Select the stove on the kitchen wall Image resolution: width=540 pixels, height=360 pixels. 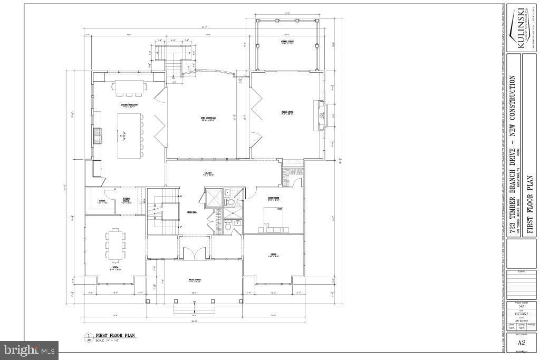click(x=97, y=136)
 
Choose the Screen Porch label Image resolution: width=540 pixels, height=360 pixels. click(x=287, y=42)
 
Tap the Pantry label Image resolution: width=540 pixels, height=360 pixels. click(x=102, y=202)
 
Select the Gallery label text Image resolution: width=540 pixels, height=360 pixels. click(x=208, y=174)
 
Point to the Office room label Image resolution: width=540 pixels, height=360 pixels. click(x=273, y=255)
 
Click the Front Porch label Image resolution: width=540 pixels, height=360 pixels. click(x=195, y=279)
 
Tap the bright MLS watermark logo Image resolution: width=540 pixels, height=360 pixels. click(x=30, y=349)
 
